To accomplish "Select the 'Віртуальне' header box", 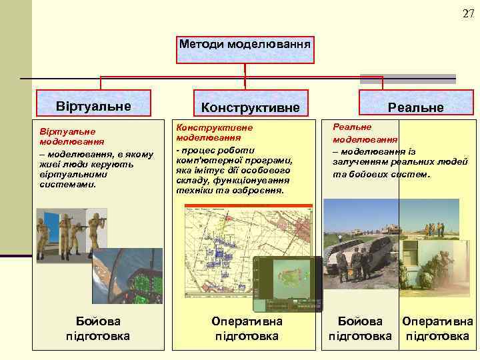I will (x=93, y=106).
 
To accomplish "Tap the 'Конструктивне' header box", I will (x=246, y=107).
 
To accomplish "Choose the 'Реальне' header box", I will (x=416, y=107).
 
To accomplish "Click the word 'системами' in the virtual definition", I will (x=68, y=183).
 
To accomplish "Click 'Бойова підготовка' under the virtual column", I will (x=98, y=329).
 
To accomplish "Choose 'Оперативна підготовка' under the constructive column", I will (x=246, y=329).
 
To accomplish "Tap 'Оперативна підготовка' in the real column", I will (x=437, y=329).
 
